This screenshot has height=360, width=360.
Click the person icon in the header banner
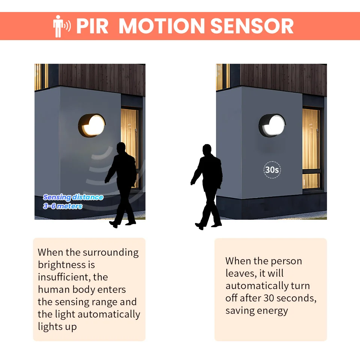pyautogui.click(x=58, y=26)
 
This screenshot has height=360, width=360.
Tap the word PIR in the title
pyautogui.click(x=92, y=26)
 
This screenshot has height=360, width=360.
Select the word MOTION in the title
pyautogui.click(x=162, y=26)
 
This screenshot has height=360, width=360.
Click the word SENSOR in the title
pyautogui.click(x=252, y=26)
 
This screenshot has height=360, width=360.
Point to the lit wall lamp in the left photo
pyautogui.click(x=91, y=125)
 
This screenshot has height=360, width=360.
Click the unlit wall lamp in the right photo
pyautogui.click(x=272, y=125)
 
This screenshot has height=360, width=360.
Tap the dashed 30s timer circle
pyautogui.click(x=272, y=170)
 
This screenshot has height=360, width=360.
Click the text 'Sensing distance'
pyautogui.click(x=73, y=197)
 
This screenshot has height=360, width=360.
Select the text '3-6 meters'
pyautogui.click(x=63, y=206)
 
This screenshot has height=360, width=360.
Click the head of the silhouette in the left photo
pyautogui.click(x=121, y=148)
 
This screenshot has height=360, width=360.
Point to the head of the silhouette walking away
pyautogui.click(x=207, y=150)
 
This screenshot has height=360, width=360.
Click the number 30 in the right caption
pyautogui.click(x=268, y=298)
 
